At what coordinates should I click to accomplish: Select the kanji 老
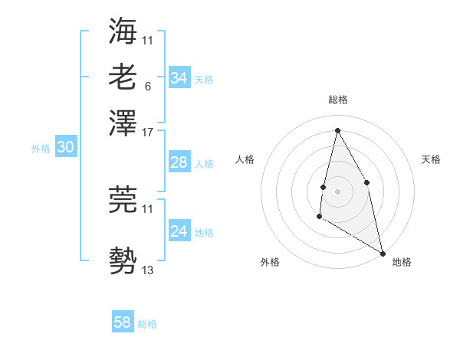(123, 77)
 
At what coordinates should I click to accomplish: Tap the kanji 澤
(123, 123)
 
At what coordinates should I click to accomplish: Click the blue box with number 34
(179, 78)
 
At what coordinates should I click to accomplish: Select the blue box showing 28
(179, 162)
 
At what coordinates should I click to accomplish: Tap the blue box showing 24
(179, 231)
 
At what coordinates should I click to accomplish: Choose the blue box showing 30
(65, 148)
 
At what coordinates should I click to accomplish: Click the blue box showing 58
(123, 322)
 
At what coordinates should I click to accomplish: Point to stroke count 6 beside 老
(147, 86)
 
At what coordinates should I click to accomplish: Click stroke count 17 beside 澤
(149, 132)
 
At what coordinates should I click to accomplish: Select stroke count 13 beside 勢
(149, 270)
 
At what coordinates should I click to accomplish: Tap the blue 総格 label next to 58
(147, 324)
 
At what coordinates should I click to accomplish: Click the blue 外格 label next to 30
(41, 149)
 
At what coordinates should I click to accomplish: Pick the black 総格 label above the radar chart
(337, 100)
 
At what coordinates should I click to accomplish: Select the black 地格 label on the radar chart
(402, 262)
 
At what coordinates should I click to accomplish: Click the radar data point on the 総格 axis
(337, 129)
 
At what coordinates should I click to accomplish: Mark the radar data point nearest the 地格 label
(383, 254)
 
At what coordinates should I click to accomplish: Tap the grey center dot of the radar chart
(337, 191)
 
